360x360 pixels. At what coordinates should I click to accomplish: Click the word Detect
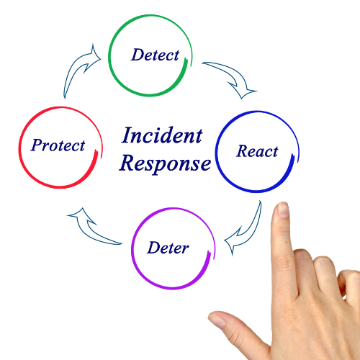point(155,55)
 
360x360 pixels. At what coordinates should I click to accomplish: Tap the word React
point(257,151)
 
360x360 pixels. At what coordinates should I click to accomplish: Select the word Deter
point(168,248)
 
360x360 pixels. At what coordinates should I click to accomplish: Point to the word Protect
point(58,145)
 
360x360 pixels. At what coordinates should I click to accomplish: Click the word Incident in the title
point(162,135)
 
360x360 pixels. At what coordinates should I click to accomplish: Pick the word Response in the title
point(165,163)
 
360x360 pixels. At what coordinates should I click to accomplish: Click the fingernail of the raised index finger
point(282,210)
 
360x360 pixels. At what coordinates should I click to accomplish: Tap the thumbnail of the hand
point(217,320)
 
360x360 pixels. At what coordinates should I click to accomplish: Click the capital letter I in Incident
point(127,135)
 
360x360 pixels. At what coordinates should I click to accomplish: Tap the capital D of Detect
point(138,55)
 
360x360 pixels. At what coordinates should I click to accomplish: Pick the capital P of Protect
point(37,145)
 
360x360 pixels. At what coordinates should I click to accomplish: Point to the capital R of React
point(243,150)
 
